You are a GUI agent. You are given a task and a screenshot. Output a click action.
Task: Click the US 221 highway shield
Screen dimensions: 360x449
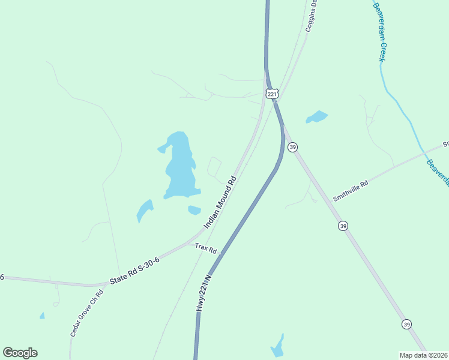[272, 94]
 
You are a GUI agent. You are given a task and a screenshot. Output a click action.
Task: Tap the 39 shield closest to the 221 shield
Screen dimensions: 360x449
[292, 147]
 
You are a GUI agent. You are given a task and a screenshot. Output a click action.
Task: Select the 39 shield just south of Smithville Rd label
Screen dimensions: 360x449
[343, 226]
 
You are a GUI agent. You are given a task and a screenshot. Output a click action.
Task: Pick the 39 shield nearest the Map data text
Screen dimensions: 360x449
[406, 325]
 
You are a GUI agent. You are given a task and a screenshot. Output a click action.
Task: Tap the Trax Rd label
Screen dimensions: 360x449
[206, 248]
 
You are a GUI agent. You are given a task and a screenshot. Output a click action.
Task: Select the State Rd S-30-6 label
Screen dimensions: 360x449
[134, 271]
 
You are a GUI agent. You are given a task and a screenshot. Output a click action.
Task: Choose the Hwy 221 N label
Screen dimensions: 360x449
[204, 293]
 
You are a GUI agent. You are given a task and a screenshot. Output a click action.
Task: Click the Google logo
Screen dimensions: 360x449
[20, 353]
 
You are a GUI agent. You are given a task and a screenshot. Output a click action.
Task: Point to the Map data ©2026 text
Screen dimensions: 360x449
[423, 355]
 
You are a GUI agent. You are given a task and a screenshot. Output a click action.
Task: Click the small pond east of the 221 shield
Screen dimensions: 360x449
[316, 117]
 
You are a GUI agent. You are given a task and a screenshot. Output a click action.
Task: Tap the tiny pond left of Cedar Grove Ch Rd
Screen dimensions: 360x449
[42, 316]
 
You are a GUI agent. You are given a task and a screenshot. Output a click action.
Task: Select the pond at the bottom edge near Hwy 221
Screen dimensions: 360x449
[277, 347]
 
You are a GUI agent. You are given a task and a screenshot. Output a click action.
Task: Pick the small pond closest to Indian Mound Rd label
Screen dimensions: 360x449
[194, 210]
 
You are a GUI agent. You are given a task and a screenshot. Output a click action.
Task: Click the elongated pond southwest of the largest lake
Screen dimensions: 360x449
[144, 211]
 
